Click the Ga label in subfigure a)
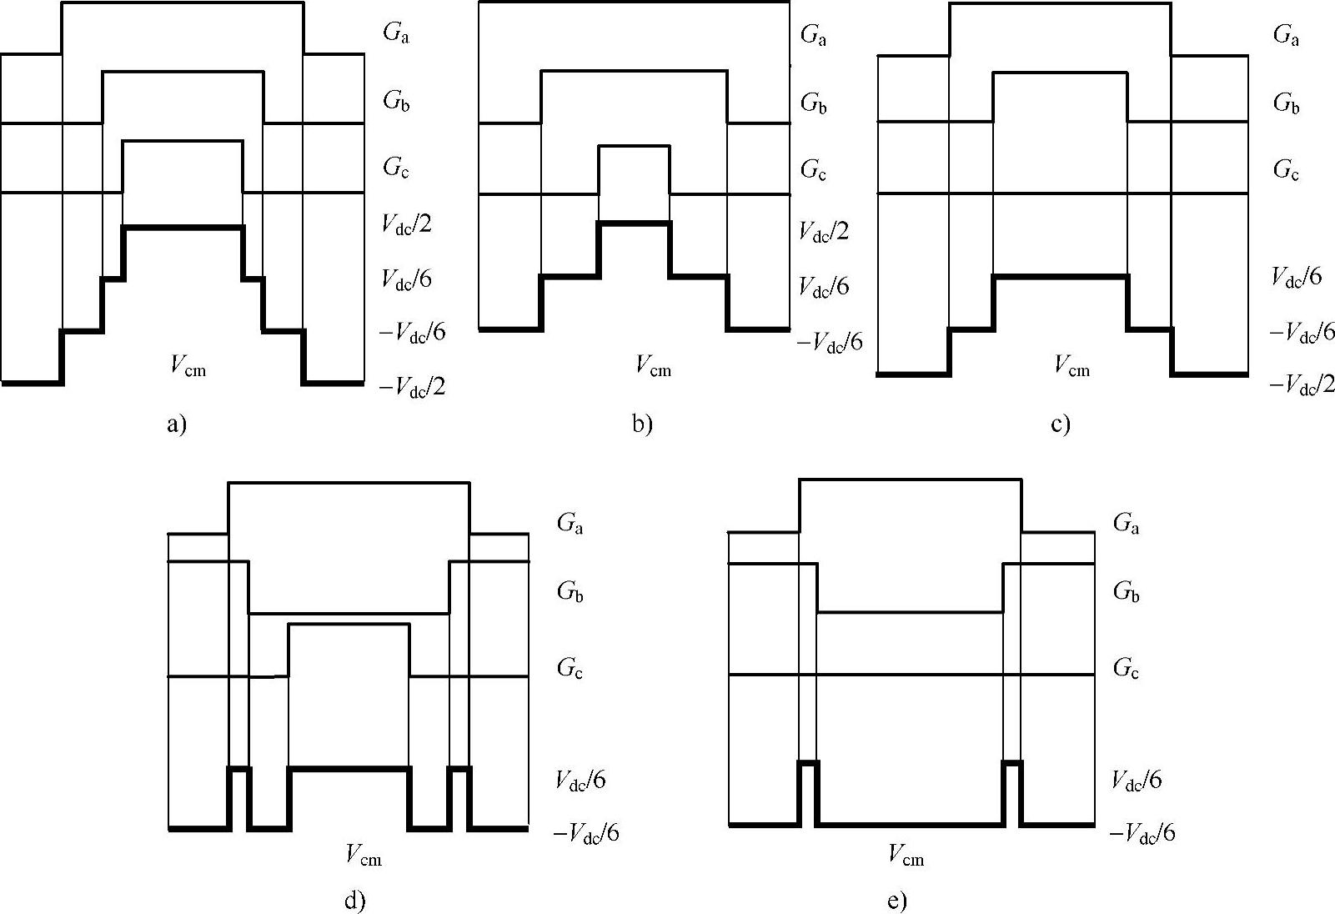[x=396, y=33]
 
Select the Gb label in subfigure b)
[x=814, y=103]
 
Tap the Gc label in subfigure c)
[x=1286, y=170]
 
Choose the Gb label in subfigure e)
[x=1126, y=592]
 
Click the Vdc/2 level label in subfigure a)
[x=407, y=224]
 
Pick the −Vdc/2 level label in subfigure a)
[x=413, y=386]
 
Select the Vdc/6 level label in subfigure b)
[x=824, y=287]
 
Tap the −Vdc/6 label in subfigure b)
[x=830, y=341]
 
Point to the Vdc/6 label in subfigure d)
[x=580, y=780]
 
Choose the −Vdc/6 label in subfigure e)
[x=1142, y=832]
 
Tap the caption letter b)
[x=642, y=424]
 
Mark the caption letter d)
[x=354, y=900]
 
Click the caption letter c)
[x=1061, y=424]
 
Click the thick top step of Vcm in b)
[x=634, y=223]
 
